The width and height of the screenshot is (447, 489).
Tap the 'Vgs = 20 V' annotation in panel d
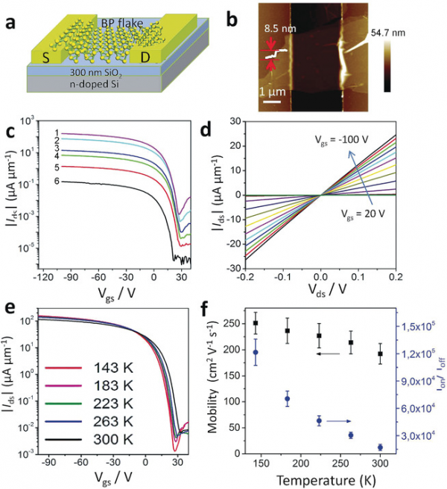click(x=370, y=225)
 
